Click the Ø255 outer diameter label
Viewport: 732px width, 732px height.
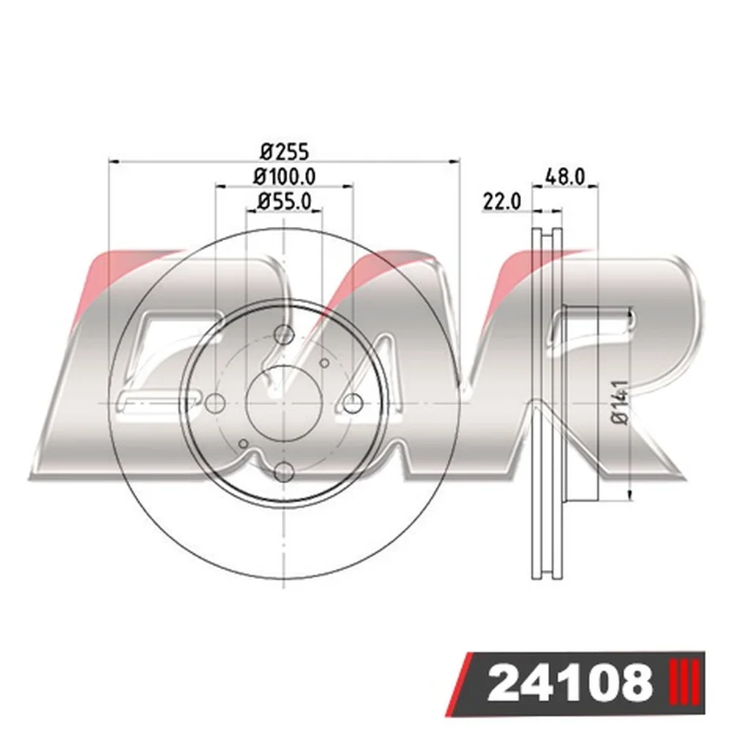(x=285, y=152)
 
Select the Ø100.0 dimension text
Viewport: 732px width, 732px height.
(x=284, y=176)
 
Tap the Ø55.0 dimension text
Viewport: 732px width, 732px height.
(x=284, y=202)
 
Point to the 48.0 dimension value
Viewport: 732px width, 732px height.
(x=565, y=177)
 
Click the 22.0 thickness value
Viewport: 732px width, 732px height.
(x=502, y=202)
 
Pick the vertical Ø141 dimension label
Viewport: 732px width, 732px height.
(x=621, y=402)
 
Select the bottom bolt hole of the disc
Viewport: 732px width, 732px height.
(x=284, y=471)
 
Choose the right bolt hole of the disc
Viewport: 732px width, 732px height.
(x=353, y=403)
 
